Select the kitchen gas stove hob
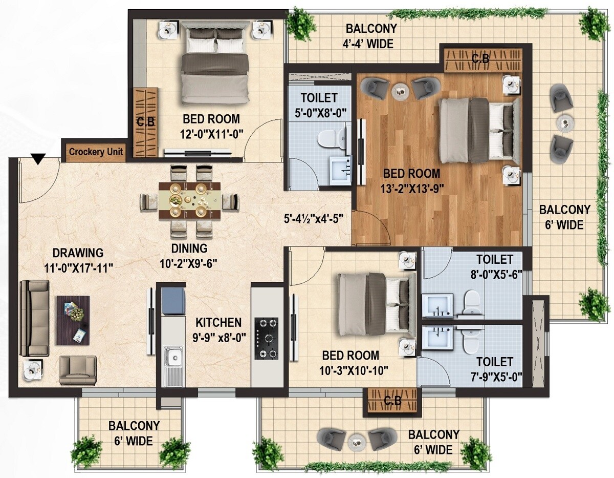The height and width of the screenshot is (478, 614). [267, 338]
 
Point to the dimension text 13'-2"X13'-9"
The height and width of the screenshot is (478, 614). [411, 188]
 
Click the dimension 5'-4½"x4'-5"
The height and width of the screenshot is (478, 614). [313, 218]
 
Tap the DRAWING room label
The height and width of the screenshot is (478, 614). [78, 253]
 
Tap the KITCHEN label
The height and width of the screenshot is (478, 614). [218, 323]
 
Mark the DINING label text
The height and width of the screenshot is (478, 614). [189, 249]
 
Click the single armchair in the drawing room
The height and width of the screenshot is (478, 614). [77, 370]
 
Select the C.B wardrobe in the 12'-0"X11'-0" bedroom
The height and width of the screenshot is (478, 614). [146, 117]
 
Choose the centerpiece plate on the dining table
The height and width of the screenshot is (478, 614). [176, 200]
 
